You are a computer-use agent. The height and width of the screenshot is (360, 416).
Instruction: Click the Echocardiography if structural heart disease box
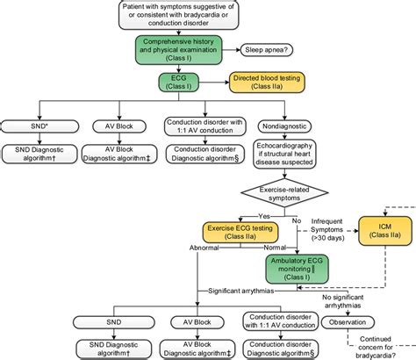coord(289,155)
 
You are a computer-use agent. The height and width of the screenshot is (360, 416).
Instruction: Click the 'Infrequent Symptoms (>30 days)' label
coord(326,230)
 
